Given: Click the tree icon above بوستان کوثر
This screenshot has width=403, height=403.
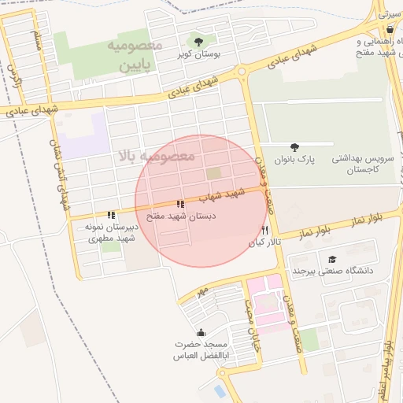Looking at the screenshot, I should click(198, 42).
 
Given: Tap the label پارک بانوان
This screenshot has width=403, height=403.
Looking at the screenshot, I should click(293, 158).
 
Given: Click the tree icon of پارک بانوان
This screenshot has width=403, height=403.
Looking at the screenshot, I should click(294, 146).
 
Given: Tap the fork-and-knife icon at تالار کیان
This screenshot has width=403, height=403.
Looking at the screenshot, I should click(264, 231).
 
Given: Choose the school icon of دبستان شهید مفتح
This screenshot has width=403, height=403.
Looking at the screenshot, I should click(180, 204).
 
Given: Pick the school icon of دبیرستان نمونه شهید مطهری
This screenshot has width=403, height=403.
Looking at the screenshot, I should click(111, 214).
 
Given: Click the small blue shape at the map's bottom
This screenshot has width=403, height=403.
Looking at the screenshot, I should click(220, 390).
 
